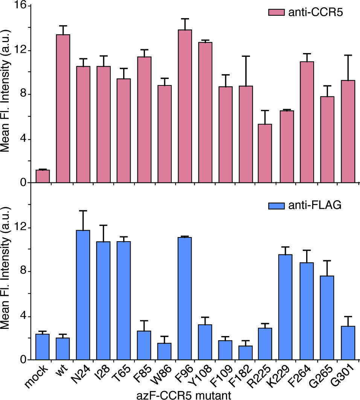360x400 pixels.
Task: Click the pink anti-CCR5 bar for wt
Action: (63, 109)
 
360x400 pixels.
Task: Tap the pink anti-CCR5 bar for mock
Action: (43, 176)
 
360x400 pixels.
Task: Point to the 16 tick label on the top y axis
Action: (21, 6)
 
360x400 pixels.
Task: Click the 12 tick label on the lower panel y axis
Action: (21, 228)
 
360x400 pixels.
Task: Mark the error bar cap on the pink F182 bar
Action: (246, 56)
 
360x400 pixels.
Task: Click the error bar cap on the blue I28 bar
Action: (103, 225)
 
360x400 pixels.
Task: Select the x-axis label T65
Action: (122, 376)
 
